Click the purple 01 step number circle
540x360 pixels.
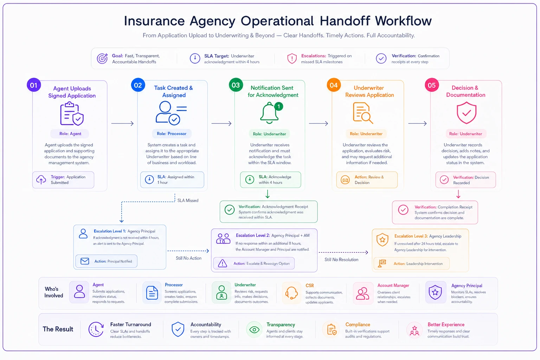[x=34, y=85]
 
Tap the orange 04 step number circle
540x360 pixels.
[x=334, y=85]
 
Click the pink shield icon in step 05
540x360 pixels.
[x=467, y=112]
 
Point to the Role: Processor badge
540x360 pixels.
[x=172, y=134]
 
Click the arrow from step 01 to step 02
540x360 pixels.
[x=122, y=123]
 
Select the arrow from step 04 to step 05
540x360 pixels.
[x=418, y=123]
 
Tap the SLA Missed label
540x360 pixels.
[x=188, y=200]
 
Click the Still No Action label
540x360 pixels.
[x=188, y=258]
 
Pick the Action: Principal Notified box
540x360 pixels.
[x=106, y=261]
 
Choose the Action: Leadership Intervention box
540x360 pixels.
[x=412, y=264]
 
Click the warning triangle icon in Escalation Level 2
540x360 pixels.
[x=223, y=263]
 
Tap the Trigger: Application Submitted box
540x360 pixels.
[x=63, y=180]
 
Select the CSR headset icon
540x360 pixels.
[x=291, y=293]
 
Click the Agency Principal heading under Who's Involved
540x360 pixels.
[x=467, y=285]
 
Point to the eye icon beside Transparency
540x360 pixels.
[x=254, y=330]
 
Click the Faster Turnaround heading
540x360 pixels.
[x=131, y=324]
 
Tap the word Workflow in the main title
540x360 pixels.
[x=403, y=21]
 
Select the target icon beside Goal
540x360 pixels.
[x=102, y=58]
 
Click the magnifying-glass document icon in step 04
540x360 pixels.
[x=363, y=113]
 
